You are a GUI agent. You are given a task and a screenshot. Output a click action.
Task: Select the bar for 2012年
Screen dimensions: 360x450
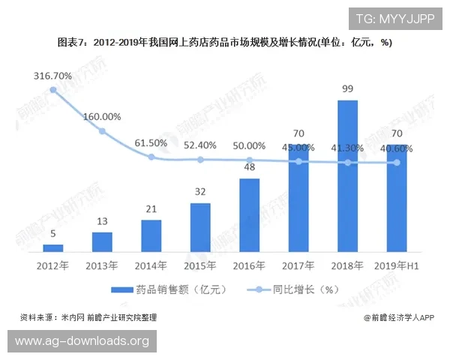(x=52, y=247)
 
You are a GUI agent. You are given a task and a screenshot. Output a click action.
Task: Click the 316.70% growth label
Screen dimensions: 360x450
(x=52, y=76)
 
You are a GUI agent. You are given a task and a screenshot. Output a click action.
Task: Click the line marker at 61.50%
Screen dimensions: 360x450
(x=151, y=157)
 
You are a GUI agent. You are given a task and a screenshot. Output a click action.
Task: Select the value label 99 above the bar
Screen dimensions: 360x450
(x=347, y=88)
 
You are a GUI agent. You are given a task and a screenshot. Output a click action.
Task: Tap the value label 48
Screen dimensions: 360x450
(x=249, y=167)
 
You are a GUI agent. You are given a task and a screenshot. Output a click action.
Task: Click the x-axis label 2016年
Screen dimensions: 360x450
(x=249, y=265)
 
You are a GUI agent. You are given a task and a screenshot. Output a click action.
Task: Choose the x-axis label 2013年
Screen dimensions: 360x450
(x=102, y=265)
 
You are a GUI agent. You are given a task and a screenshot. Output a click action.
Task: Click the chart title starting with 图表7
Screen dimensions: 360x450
(x=225, y=43)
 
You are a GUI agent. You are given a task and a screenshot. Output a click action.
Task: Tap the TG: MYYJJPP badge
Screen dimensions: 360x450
(x=394, y=19)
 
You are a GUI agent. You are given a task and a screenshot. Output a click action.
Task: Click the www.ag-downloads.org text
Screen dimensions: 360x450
(x=82, y=341)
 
